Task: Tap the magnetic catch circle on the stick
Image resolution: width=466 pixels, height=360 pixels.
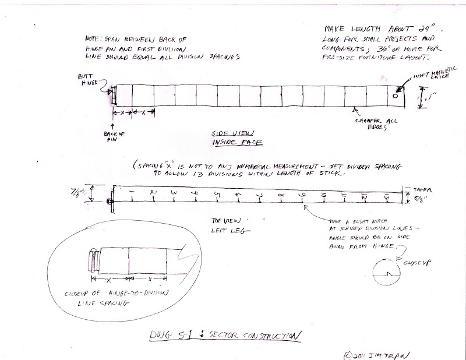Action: click(396, 96)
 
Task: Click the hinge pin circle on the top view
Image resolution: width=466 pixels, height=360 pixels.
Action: click(109, 202)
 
